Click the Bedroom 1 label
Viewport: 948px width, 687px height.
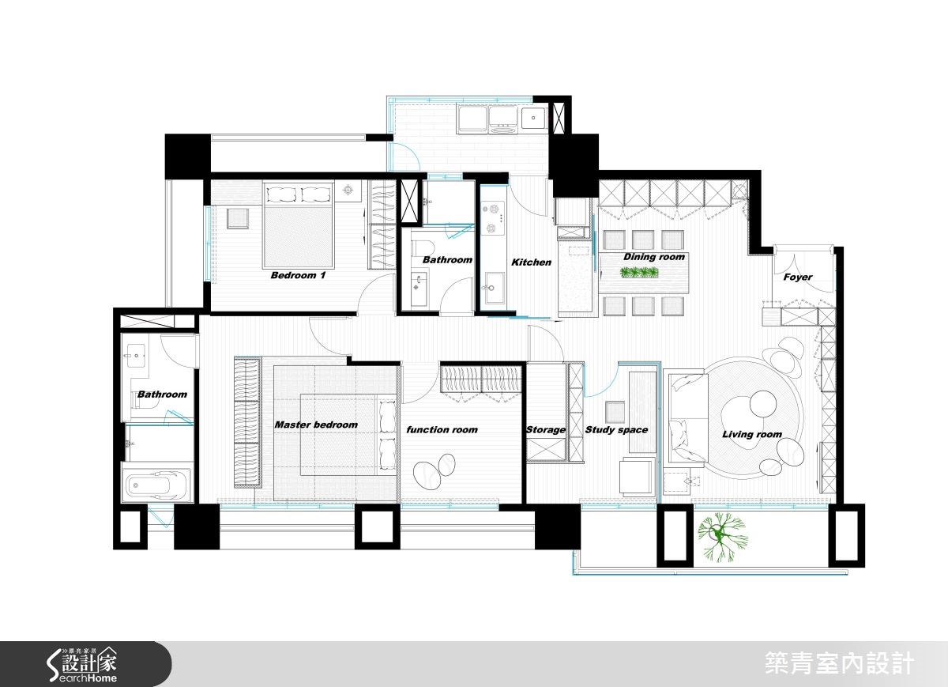pos(298,276)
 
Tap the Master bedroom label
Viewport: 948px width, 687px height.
pos(316,425)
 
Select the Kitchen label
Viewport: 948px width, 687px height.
pos(531,262)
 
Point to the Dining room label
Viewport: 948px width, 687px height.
pos(653,257)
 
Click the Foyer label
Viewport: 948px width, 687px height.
pos(797,277)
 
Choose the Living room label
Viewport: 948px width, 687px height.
pos(751,434)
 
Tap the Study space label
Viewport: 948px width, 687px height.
pos(616,430)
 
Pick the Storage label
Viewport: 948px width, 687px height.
pos(546,430)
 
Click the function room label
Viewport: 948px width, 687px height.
pos(442,430)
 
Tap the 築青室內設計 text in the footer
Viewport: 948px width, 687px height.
pos(840,663)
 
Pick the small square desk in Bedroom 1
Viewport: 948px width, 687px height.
pos(238,217)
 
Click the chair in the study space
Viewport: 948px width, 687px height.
pos(615,412)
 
